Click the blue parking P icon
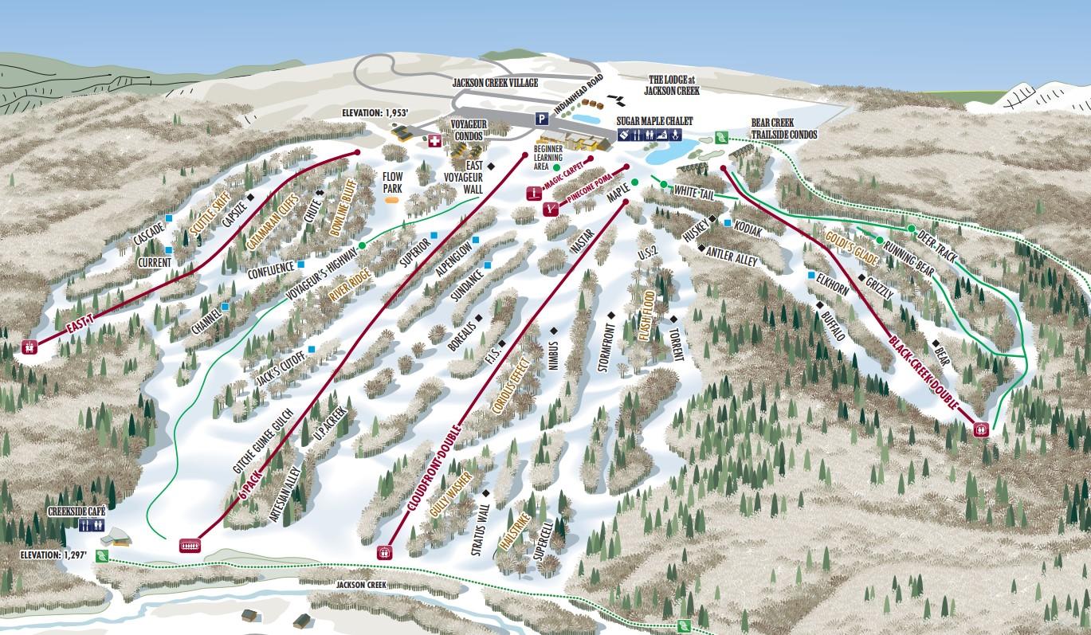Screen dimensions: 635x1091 542,119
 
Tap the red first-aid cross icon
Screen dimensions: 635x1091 434,141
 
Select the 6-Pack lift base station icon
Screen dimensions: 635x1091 190,545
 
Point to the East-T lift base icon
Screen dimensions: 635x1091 29,347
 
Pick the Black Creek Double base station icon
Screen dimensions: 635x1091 981,429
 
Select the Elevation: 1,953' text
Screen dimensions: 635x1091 375,114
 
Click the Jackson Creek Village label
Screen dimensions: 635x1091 495,83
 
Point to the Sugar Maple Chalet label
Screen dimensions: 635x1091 654,120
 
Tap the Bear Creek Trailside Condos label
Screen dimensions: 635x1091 784,129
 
